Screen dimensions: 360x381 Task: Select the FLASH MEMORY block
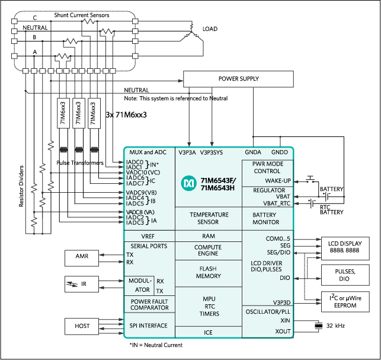coord(208,272)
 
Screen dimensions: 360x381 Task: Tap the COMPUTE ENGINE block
coord(208,251)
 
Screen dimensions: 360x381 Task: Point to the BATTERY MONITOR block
coord(266,218)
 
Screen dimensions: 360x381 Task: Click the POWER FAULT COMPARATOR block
coord(149,304)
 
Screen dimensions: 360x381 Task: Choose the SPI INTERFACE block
coord(149,326)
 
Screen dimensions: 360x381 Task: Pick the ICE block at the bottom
coord(208,333)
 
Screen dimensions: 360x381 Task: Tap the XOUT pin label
coord(283,332)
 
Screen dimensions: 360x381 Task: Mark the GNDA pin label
coord(253,152)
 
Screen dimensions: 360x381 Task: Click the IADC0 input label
coord(135,161)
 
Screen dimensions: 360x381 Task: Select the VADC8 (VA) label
coord(140,212)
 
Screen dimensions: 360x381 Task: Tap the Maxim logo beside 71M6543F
coord(189,183)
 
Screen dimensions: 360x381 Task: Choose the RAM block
coord(208,236)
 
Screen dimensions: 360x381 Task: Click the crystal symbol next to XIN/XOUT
coord(319,326)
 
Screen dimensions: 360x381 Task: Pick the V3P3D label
coord(281,302)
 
